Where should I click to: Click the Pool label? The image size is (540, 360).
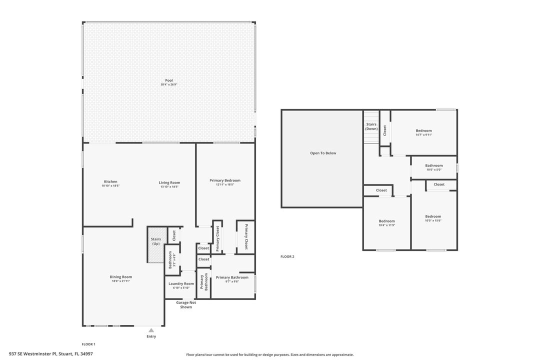tap(168, 80)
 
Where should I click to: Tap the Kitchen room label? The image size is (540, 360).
tap(110, 181)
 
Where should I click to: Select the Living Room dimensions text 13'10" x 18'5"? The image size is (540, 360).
tap(169, 186)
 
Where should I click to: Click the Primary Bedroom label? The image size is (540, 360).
tap(224, 180)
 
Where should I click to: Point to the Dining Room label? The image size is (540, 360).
tap(120, 276)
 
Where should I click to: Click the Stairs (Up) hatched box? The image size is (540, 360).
tap(155, 244)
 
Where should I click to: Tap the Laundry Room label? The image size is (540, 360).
tap(181, 283)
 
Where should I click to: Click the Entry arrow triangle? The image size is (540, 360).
tap(151, 330)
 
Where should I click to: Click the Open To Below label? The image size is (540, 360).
tap(323, 153)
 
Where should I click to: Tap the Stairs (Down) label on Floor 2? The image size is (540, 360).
tap(371, 126)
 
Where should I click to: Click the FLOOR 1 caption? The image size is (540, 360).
tap(88, 344)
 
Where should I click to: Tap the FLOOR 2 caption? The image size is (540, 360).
tap(287, 256)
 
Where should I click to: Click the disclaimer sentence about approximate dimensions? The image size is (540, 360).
tap(269, 354)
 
